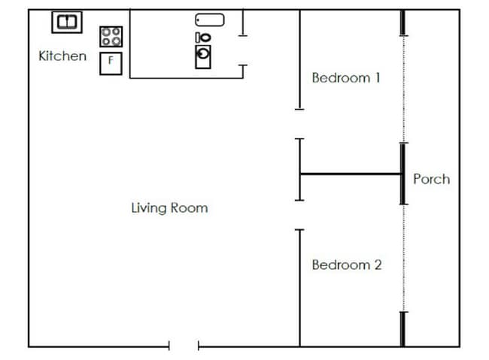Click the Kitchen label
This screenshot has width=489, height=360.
tap(62, 56)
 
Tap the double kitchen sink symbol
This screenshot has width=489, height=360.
tap(66, 22)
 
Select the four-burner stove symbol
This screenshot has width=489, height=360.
tap(111, 37)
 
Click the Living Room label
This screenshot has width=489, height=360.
tap(169, 208)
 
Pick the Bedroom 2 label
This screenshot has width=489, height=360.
tap(347, 265)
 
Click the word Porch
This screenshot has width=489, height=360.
tap(431, 179)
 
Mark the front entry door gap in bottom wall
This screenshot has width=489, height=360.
tap(184, 346)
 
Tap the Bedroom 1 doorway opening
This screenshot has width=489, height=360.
tap(299, 124)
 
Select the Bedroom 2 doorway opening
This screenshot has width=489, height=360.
tap(299, 215)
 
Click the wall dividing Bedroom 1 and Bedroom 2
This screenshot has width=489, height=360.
tap(351, 174)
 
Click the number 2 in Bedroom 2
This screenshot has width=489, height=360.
tap(378, 265)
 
